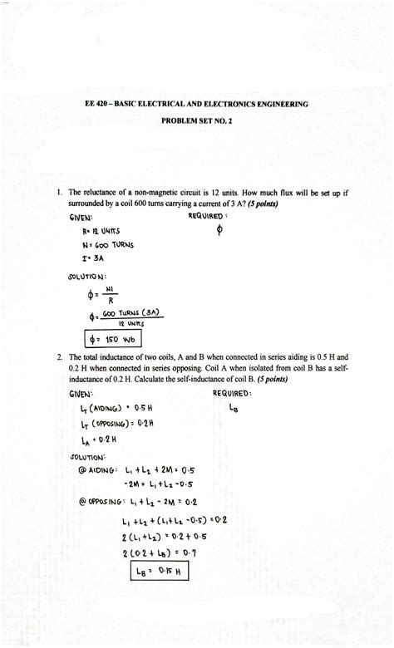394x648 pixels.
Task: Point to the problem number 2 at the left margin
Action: [59, 357]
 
